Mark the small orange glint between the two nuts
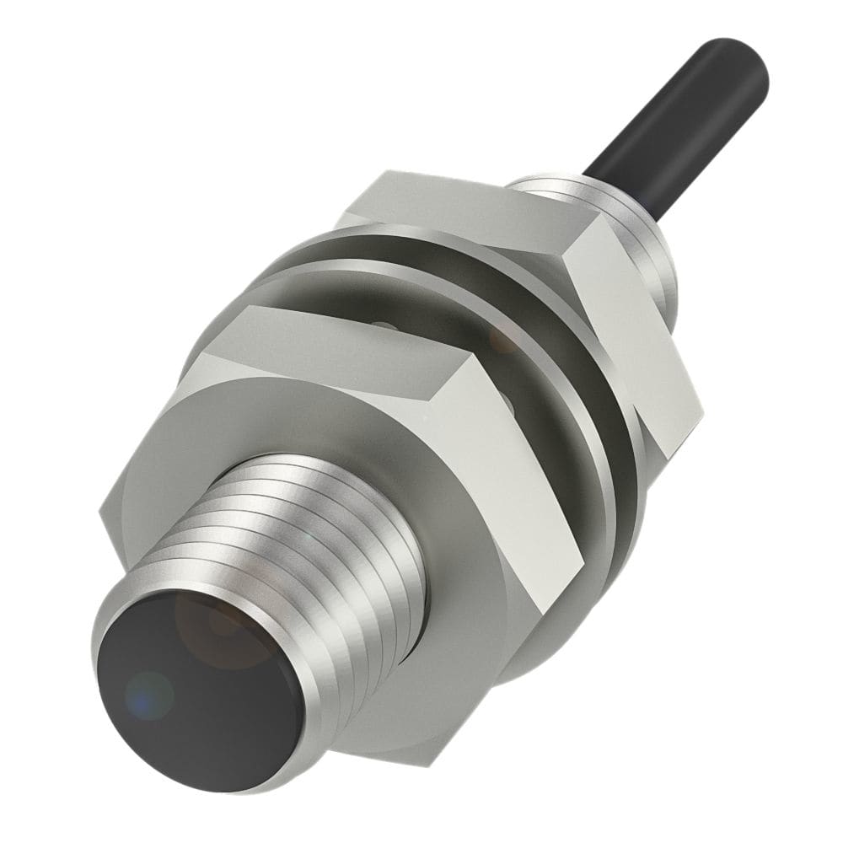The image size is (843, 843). click(x=506, y=341)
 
